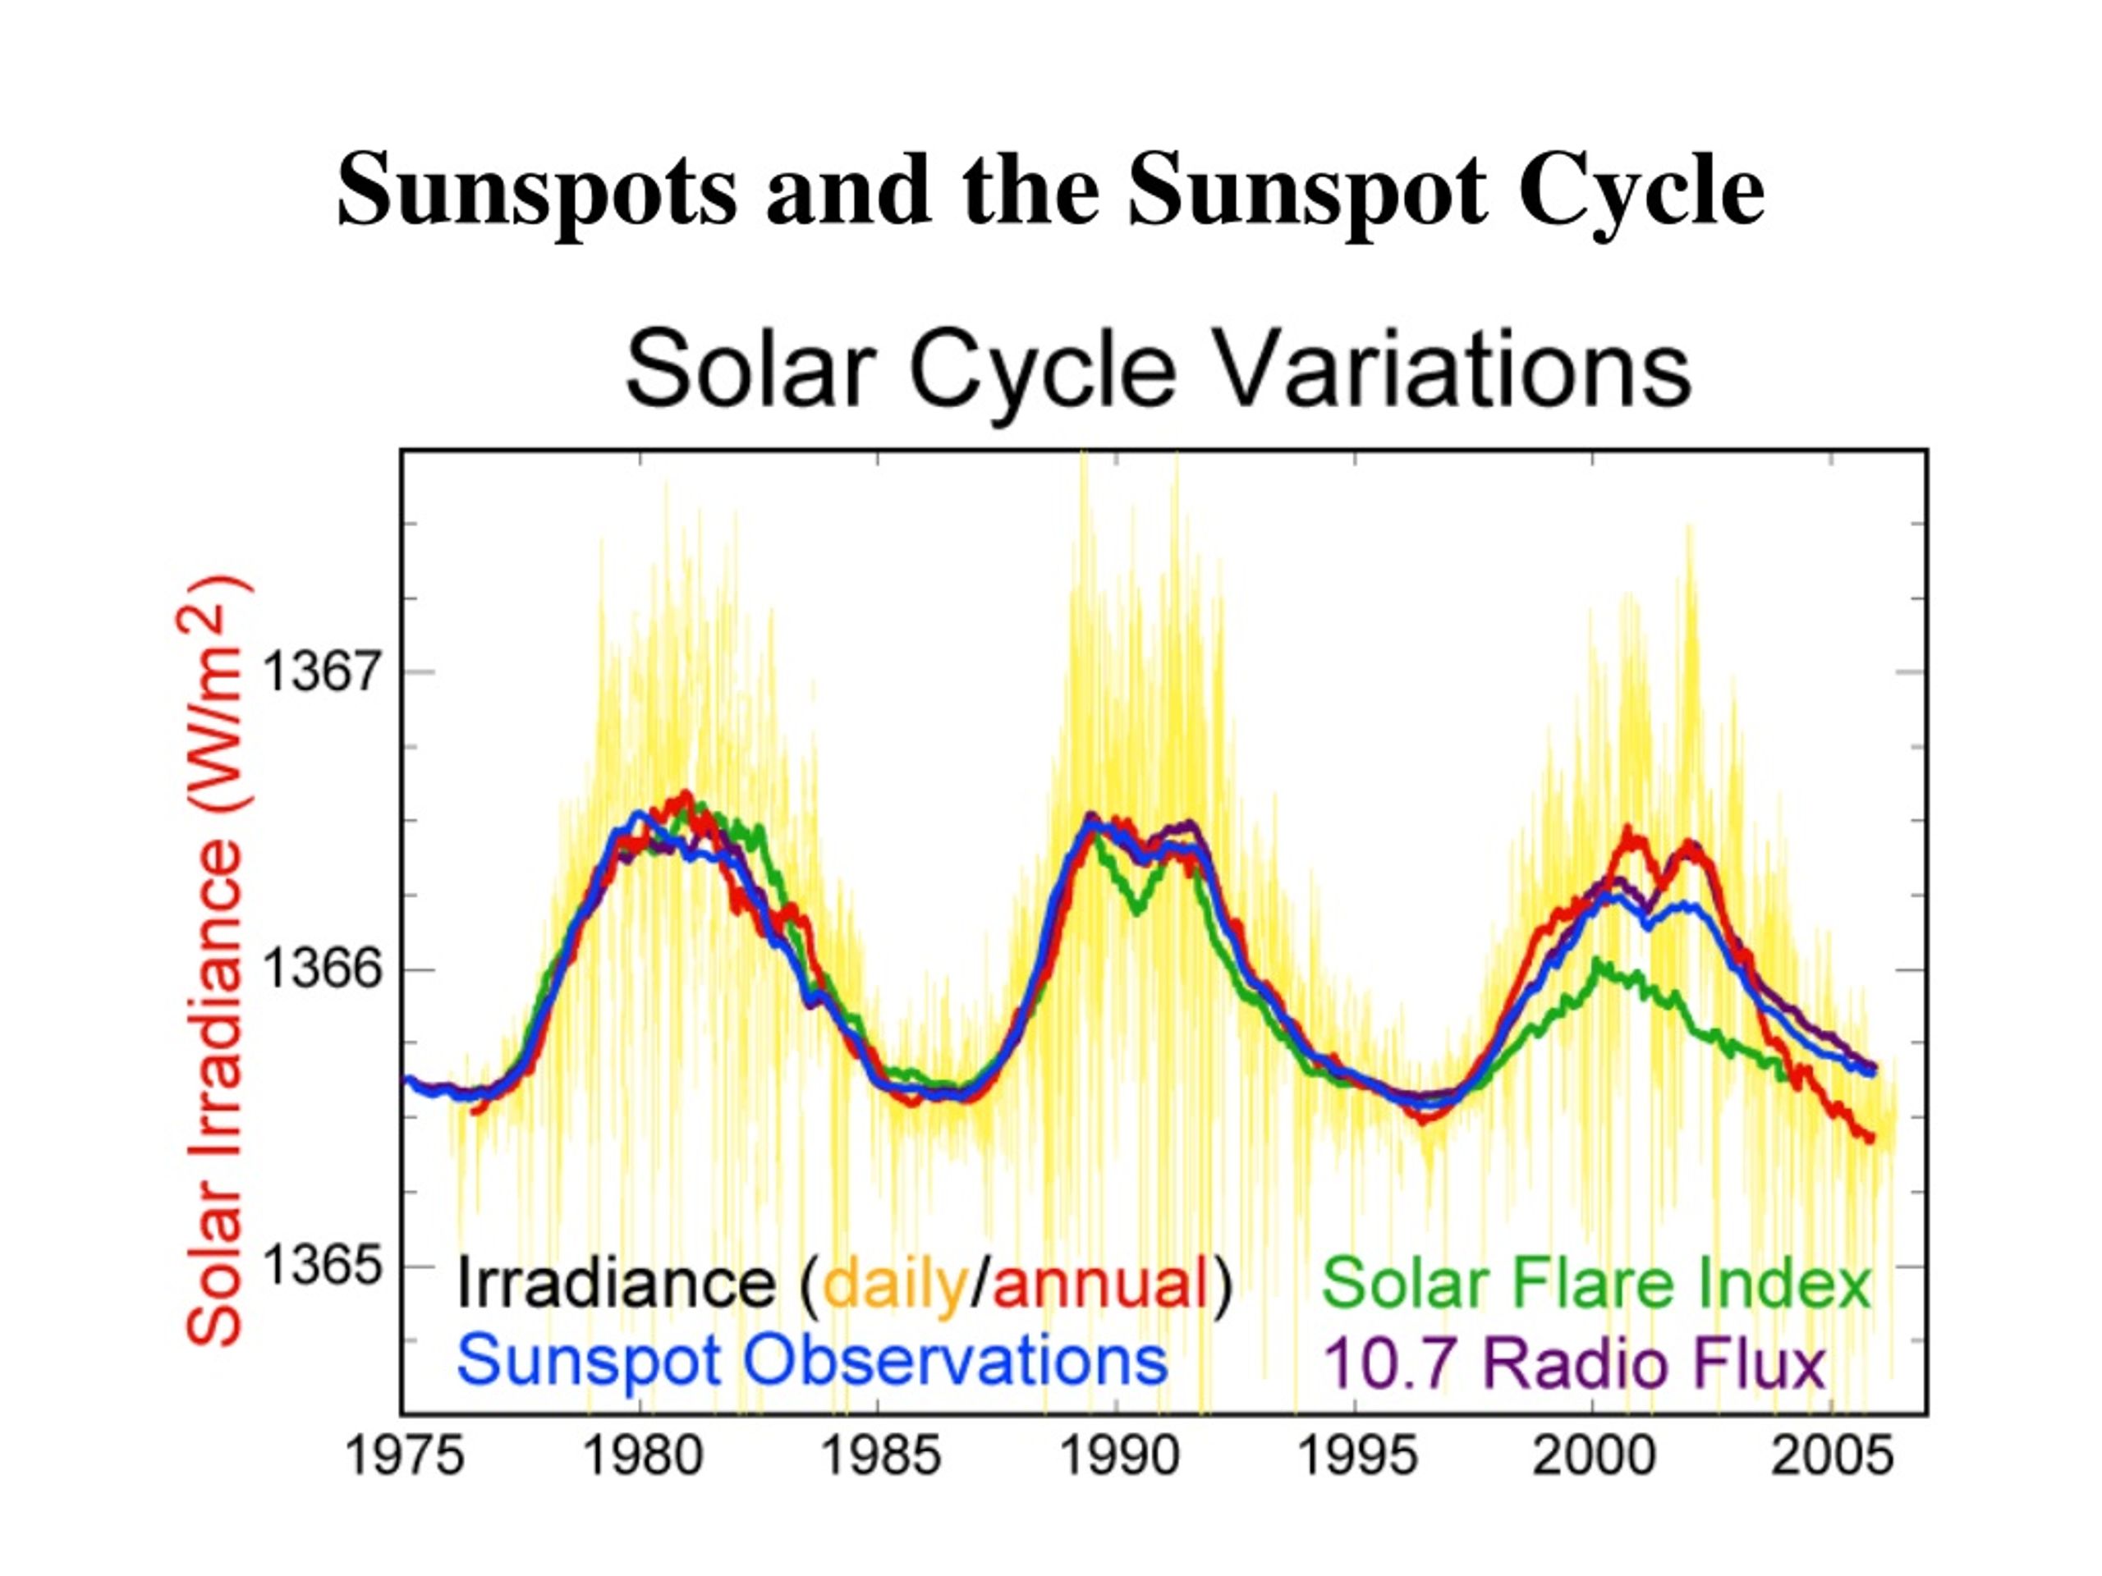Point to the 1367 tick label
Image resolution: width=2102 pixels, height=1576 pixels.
321,671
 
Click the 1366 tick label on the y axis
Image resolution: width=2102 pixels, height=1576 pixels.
321,969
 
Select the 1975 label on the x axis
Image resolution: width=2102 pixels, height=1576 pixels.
404,1456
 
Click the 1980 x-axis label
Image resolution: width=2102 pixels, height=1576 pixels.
642,1456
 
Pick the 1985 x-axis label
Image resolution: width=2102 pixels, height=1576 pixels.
881,1456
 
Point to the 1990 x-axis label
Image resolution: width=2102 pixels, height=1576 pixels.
1119,1456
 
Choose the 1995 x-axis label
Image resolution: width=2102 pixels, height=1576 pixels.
1357,1456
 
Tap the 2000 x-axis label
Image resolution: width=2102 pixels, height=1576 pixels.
1595,1456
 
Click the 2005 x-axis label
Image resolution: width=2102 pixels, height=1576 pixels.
1832,1456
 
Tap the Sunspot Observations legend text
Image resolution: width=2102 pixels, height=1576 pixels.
813,1360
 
